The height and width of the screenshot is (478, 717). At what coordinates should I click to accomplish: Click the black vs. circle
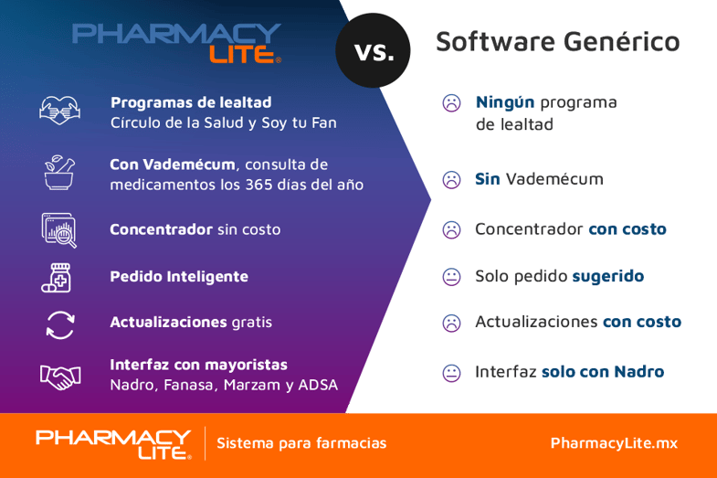click(373, 50)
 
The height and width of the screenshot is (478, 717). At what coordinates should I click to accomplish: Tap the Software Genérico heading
click(557, 42)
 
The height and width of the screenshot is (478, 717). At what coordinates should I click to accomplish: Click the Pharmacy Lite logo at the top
click(177, 43)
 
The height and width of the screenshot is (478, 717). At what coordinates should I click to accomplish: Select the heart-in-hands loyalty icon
click(59, 112)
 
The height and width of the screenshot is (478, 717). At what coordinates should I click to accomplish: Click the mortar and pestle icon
click(59, 173)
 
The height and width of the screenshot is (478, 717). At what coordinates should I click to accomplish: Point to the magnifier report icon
click(59, 229)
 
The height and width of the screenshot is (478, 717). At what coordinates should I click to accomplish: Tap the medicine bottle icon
click(57, 277)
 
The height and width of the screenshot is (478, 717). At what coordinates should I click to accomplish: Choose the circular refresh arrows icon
click(59, 324)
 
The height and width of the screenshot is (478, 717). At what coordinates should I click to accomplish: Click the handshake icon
click(59, 375)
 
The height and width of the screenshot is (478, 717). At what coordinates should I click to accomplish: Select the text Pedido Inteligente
click(179, 276)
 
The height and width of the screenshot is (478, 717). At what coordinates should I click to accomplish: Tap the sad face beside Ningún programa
click(451, 102)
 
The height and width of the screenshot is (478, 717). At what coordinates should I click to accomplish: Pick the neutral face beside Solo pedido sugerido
click(451, 276)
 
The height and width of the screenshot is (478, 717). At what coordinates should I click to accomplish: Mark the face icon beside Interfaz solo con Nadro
click(451, 373)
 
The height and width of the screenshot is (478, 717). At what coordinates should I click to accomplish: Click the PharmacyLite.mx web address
click(614, 443)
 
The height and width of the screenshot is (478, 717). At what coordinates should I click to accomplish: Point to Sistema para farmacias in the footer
click(301, 443)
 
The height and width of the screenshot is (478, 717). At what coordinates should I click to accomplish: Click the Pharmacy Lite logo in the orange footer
click(113, 443)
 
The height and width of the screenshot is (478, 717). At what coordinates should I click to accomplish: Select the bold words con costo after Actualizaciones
click(642, 322)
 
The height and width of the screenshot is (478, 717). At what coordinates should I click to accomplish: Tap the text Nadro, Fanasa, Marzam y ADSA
click(224, 385)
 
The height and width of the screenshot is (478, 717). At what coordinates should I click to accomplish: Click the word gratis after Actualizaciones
click(252, 322)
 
